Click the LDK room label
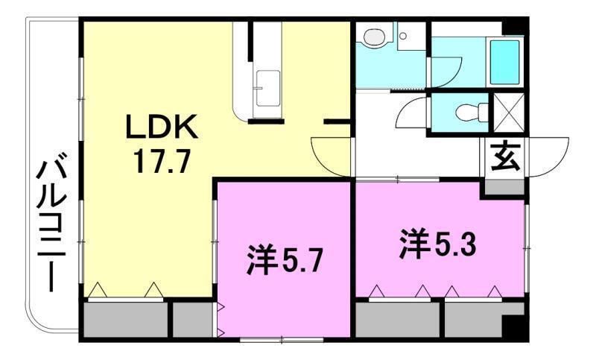[162, 127]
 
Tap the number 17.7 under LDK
[162, 161]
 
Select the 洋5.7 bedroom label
[285, 261]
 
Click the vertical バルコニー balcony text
[51, 222]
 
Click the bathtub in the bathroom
[505, 62]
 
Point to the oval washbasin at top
[375, 37]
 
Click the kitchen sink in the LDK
[267, 88]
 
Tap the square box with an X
[509, 113]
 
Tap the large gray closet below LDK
[125, 319]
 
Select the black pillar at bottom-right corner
[514, 328]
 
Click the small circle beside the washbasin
[403, 36]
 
